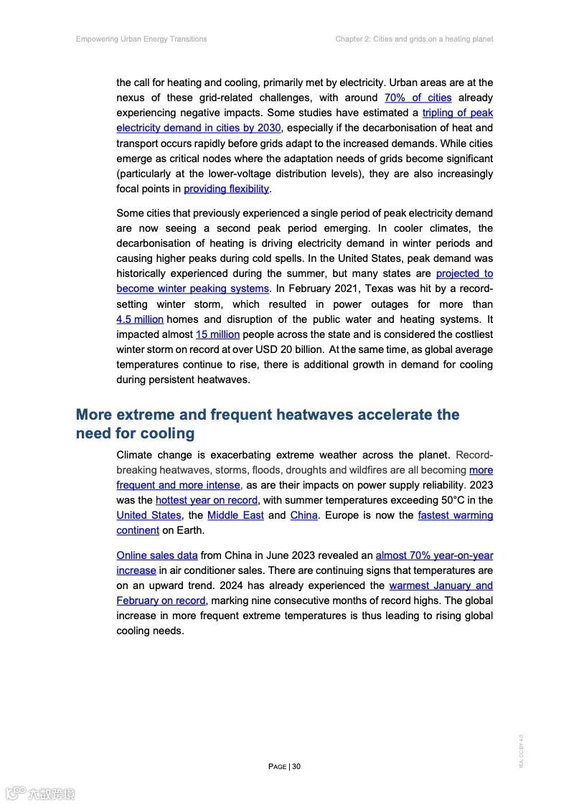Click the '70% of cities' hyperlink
(x=418, y=98)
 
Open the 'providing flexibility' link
(x=226, y=189)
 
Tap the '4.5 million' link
(x=140, y=319)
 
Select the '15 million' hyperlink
(x=217, y=334)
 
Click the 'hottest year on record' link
(x=206, y=500)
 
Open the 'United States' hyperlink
(x=149, y=515)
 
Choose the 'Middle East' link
(x=235, y=515)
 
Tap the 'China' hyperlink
(x=304, y=515)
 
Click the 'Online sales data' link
(x=156, y=555)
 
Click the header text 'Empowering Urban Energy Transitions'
(x=141, y=39)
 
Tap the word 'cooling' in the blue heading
(x=166, y=433)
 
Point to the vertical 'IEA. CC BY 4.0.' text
(x=522, y=750)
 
